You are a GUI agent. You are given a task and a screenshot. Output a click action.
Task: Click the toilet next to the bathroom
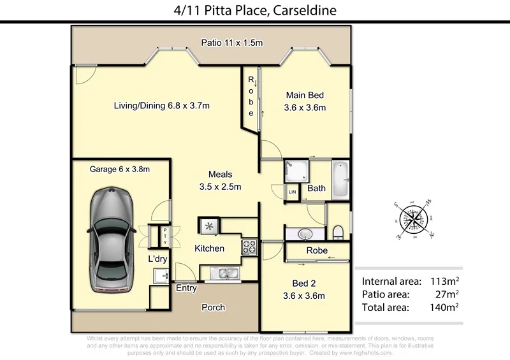click(338, 231)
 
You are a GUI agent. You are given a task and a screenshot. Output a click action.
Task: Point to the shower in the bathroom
click(296, 171)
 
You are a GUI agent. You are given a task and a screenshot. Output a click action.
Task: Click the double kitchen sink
click(224, 274)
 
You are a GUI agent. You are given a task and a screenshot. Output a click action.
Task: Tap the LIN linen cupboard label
click(293, 192)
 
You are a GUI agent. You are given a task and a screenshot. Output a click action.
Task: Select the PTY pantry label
click(164, 236)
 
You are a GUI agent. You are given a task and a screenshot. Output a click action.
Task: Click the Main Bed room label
click(305, 101)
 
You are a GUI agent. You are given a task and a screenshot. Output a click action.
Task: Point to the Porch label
click(213, 307)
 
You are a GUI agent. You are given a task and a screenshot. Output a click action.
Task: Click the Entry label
click(187, 288)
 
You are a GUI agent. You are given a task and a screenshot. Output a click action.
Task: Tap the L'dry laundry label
click(157, 259)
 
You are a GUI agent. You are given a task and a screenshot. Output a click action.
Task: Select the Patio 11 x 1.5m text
click(232, 43)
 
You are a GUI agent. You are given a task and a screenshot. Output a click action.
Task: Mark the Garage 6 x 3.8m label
click(120, 169)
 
